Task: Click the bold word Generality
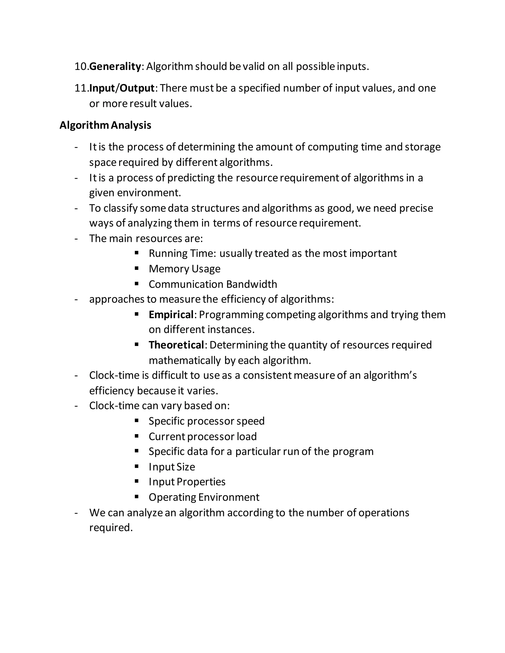115,66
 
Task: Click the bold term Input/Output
122,88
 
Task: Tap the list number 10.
81,66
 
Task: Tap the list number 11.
81,88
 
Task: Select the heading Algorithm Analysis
105,125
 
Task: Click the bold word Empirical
171,314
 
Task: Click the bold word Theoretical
176,345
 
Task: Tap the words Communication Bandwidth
213,284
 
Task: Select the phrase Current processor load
202,437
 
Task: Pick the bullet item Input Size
172,467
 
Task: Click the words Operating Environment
204,497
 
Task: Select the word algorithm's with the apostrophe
390,375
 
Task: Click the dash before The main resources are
76,239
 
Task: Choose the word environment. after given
149,193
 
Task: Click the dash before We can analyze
76,513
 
